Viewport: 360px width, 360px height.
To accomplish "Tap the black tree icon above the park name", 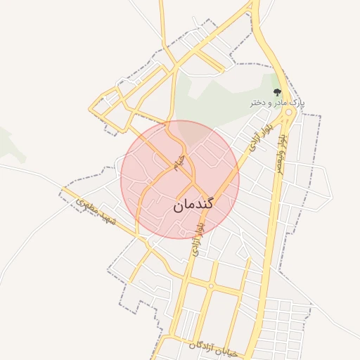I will coord(277,92).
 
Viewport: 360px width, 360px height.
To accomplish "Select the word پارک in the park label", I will coord(298,103).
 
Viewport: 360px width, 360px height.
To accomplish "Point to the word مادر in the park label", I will coord(281,103).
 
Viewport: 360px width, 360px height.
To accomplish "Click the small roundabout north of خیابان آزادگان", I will coord(210,286).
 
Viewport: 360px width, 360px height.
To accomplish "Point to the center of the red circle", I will coord(180,180).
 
